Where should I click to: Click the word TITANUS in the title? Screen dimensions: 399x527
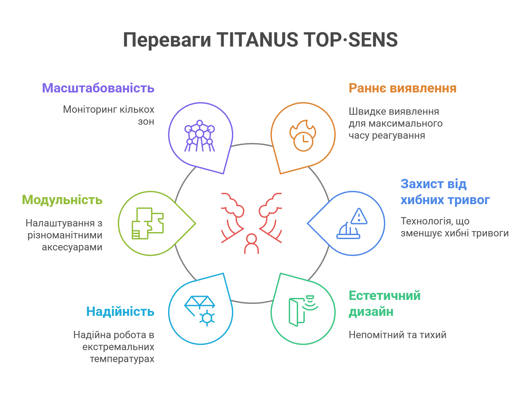(x=257, y=40)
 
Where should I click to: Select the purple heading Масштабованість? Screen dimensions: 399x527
(x=98, y=88)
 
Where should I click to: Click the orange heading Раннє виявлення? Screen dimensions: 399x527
(x=403, y=88)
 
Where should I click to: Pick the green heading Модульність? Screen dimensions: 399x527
(x=62, y=200)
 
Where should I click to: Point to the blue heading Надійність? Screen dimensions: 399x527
(x=120, y=312)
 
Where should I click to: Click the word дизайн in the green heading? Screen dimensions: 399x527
(x=371, y=312)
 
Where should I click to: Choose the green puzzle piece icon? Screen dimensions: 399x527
(x=148, y=223)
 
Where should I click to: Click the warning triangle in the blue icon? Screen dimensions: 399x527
(x=359, y=216)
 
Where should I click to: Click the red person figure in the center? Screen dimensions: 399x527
(x=252, y=244)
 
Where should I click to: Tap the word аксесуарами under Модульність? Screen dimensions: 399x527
(x=72, y=247)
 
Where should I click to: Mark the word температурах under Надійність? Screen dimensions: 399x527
(x=122, y=359)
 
